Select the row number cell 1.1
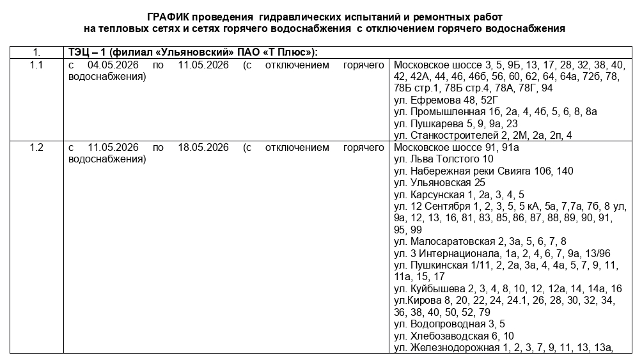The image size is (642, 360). tap(36, 65)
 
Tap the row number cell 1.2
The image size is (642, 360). tap(36, 148)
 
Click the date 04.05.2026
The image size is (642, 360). tap(114, 65)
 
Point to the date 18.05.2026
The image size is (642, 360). tap(203, 148)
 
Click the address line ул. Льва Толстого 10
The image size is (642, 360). tap(444, 159)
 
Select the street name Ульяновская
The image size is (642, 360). tap(441, 183)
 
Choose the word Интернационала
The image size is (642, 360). tap(461, 253)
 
